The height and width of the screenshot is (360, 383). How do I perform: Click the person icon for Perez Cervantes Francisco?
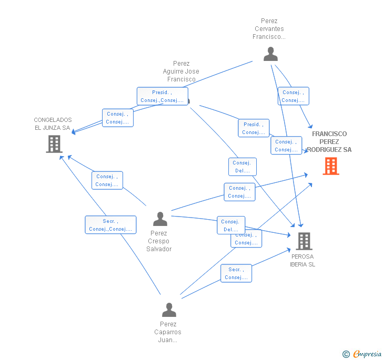[x=270, y=54]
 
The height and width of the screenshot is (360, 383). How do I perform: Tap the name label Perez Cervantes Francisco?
[x=269, y=29]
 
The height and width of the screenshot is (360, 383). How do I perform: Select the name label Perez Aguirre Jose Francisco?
[x=181, y=71]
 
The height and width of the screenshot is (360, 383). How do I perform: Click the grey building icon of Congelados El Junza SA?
[x=54, y=144]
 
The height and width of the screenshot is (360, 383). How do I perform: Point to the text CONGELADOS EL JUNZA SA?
[x=53, y=124]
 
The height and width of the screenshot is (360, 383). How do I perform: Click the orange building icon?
[x=331, y=166]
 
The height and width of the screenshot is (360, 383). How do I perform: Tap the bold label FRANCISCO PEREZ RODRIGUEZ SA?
[x=329, y=142]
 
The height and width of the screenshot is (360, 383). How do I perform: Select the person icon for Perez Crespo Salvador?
[x=160, y=219]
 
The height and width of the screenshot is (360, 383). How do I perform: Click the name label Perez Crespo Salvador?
[x=159, y=241]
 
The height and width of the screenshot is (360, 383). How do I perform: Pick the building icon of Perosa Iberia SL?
[x=304, y=241]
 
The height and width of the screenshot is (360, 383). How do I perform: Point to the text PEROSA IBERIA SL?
[x=303, y=261]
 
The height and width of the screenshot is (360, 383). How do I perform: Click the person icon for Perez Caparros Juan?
[x=169, y=310]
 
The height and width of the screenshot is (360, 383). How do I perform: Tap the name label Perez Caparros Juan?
[x=168, y=332]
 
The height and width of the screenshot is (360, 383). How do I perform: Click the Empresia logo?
[x=367, y=354]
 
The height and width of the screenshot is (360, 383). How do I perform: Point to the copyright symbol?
[x=346, y=354]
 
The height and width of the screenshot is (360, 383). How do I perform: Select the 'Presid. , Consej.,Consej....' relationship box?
[x=162, y=96]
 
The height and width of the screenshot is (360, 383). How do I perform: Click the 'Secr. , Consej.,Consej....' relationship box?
[x=110, y=225]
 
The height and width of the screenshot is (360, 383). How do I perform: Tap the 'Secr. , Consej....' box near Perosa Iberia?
[x=236, y=273]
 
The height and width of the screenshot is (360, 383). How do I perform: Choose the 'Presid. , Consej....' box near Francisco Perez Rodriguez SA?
[x=254, y=128]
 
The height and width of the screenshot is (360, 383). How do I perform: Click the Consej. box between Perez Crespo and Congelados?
[x=107, y=180]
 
